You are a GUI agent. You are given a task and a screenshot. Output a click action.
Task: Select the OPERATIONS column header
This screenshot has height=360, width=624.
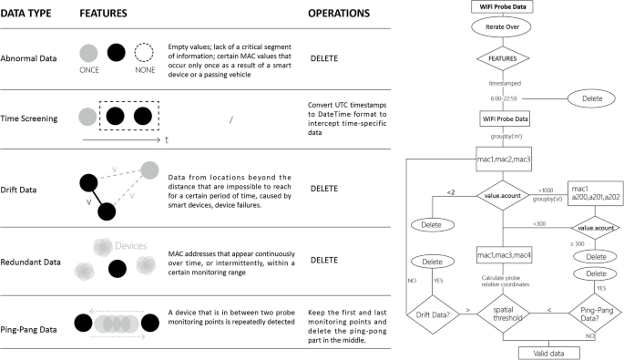pos(339,15)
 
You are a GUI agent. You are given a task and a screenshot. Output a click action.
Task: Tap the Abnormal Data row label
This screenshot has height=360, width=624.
pos(34,57)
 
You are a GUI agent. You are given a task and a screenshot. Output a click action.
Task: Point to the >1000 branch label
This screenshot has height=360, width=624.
pos(546,190)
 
